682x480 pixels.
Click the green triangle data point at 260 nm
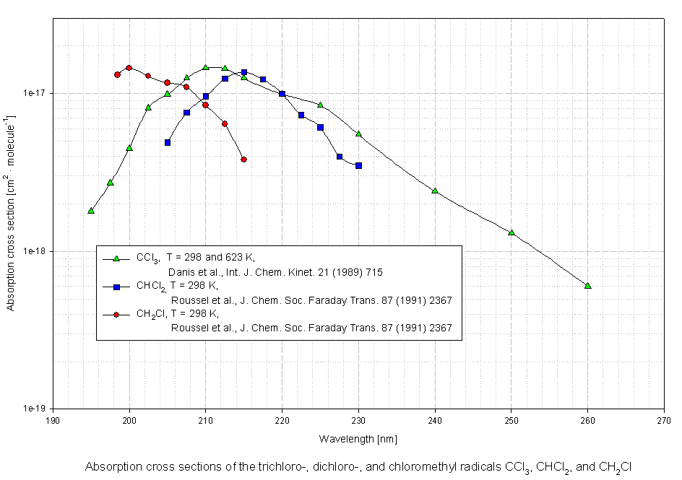point(587,286)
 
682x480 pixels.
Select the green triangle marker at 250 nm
point(511,232)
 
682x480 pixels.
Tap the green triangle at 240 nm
point(435,191)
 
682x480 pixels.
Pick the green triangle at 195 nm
point(91,211)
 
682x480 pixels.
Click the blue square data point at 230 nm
point(358,165)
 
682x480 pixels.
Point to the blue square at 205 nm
point(168,142)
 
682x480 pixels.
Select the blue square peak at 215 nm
point(244,72)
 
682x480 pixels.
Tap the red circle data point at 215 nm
point(243,160)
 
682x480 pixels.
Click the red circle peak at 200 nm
point(129,68)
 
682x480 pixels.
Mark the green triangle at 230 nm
point(358,134)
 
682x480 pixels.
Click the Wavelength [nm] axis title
point(358,438)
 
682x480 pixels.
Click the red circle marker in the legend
point(116,315)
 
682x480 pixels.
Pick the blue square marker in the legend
point(116,287)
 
